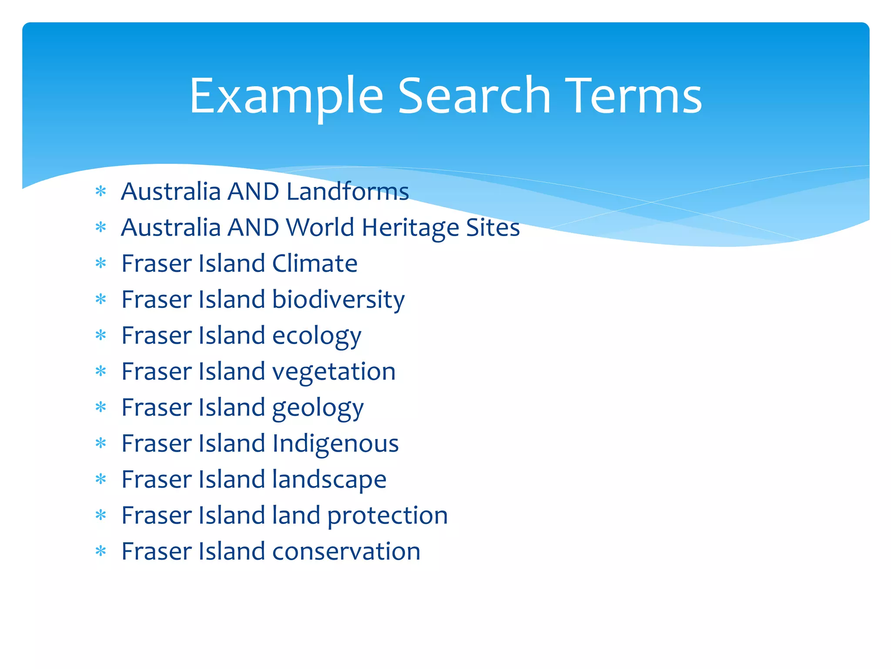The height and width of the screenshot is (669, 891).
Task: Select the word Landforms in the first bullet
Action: [348, 192]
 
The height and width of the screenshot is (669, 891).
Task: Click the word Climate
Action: [315, 264]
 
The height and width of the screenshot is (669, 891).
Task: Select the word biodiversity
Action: [338, 300]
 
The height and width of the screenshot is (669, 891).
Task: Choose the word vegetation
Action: [334, 372]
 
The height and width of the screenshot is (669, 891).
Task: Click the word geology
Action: [318, 408]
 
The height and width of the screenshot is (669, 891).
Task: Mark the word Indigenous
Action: [335, 443]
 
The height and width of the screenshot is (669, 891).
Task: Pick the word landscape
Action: [329, 480]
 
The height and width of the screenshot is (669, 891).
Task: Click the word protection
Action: [387, 516]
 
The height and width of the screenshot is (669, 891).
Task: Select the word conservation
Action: [346, 551]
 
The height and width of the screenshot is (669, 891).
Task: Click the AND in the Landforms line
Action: [254, 192]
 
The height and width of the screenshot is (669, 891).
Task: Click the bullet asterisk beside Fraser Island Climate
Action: [101, 264]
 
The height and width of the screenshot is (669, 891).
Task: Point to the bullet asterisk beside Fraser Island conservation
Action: [101, 551]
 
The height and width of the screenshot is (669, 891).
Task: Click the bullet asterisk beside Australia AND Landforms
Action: [101, 192]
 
